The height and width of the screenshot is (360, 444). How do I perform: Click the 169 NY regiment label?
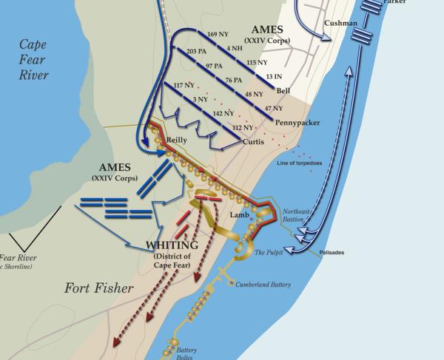point(218,34)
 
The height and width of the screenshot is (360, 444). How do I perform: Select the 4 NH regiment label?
point(235,48)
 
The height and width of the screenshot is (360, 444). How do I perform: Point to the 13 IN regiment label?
point(274,77)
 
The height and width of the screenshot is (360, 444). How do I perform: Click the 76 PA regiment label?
point(233,80)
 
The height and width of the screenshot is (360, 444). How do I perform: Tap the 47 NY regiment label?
point(273,109)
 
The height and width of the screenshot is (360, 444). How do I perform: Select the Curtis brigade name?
point(253,140)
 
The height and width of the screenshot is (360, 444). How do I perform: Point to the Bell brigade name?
point(283,90)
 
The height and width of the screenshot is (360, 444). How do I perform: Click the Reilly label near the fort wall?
point(178,139)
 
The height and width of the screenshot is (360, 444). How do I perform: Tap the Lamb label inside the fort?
point(237,214)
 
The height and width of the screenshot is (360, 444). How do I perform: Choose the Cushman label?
point(340,24)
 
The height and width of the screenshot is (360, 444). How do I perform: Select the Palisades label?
point(332,253)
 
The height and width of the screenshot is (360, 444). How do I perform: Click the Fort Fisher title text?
point(98,288)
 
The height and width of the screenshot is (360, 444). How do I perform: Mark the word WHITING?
point(172,245)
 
